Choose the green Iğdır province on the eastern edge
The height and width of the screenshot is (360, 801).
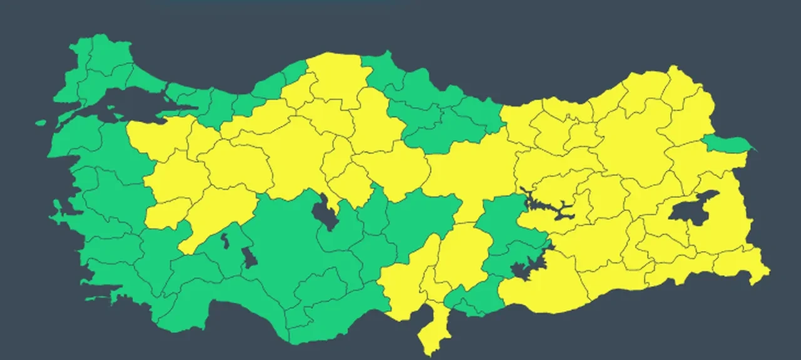coord(726,143)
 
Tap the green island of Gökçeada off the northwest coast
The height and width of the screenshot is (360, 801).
coord(41,123)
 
